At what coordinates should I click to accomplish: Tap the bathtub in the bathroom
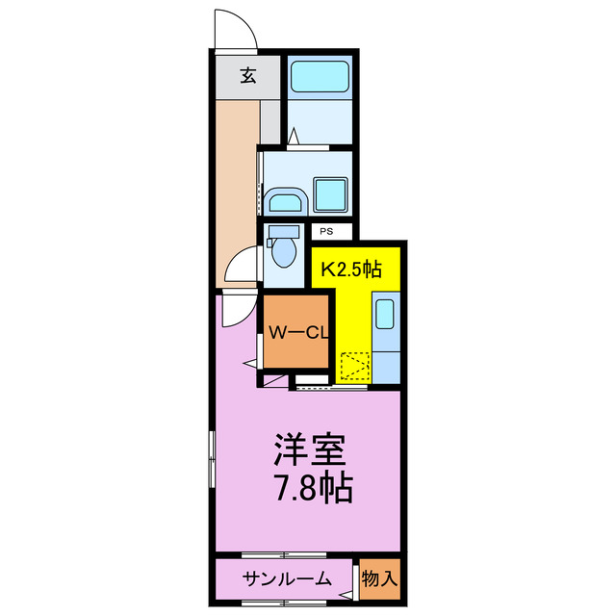click(x=321, y=75)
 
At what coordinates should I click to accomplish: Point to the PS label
click(x=326, y=231)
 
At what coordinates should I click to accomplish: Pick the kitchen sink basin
click(x=384, y=314)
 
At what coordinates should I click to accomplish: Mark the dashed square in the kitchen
click(x=354, y=367)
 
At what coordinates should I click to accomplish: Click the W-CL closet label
click(x=299, y=333)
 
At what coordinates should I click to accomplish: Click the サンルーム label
click(x=287, y=578)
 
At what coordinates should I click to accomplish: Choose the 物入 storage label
click(x=379, y=578)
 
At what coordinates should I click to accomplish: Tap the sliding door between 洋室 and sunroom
click(x=285, y=555)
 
